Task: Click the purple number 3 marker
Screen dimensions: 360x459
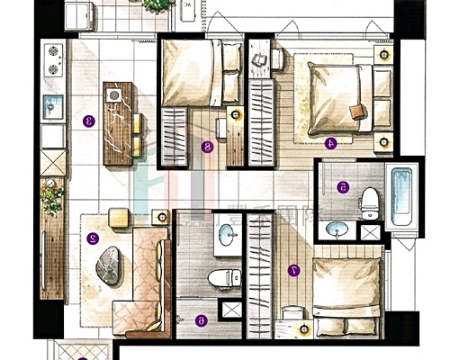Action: pyautogui.click(x=88, y=120)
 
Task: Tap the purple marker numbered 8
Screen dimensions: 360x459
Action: pyautogui.click(x=208, y=147)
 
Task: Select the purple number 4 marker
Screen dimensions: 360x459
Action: pyautogui.click(x=329, y=141)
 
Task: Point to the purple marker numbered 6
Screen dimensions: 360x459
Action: pyautogui.click(x=201, y=319)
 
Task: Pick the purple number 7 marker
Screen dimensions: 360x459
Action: pyautogui.click(x=295, y=269)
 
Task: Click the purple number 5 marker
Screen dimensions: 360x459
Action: pyautogui.click(x=343, y=187)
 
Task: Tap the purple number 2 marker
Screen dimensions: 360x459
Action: pyautogui.click(x=93, y=239)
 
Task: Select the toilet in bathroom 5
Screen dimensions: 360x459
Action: pyautogui.click(x=369, y=203)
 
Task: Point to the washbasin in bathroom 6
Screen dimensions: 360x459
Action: pyautogui.click(x=228, y=236)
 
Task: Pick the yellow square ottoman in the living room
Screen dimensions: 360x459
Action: pyautogui.click(x=118, y=216)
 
